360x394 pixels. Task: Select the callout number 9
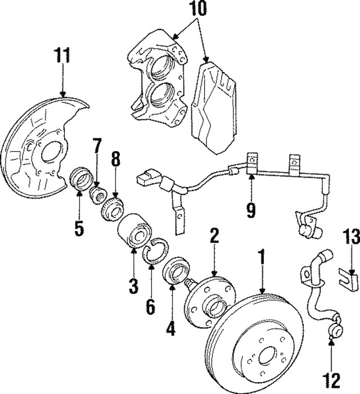click(x=251, y=211)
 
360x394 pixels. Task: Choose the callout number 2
click(x=214, y=236)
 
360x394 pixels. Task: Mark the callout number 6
click(x=150, y=307)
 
